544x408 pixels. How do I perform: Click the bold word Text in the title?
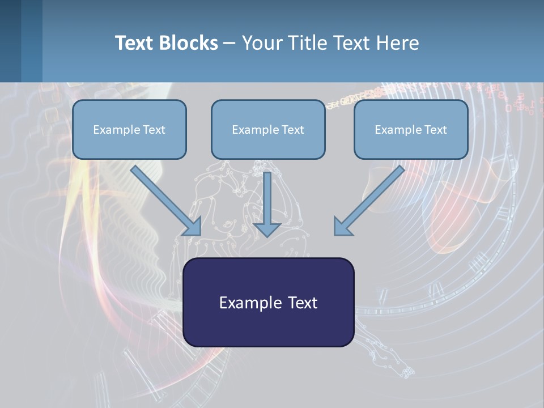tap(133, 43)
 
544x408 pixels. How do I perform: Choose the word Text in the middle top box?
tap(293, 130)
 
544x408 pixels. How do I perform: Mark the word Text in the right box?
tap(436, 130)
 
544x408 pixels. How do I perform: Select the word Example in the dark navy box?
tap(249, 303)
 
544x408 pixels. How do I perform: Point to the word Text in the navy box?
tap(302, 303)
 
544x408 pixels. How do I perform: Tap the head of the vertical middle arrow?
tap(267, 229)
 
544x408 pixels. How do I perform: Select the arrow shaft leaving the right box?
tap(377, 193)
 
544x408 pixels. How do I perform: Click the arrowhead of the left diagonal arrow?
tap(193, 227)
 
